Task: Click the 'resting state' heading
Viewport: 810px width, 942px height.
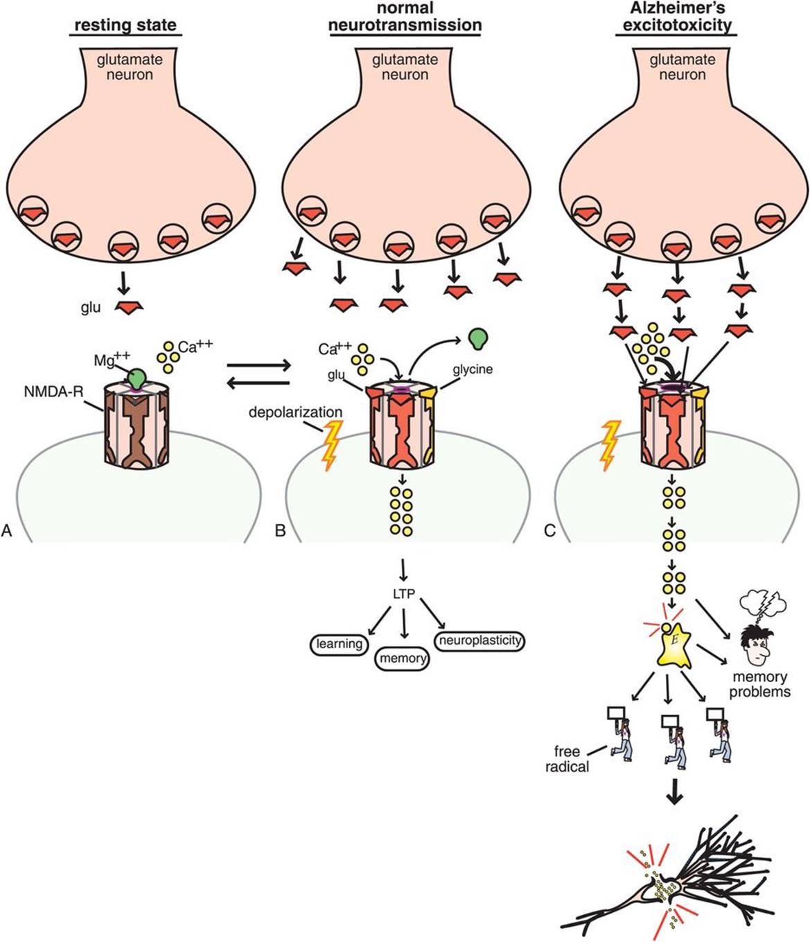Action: tap(125, 26)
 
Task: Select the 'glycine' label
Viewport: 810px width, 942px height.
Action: tap(473, 369)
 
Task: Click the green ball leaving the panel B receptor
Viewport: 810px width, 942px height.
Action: tap(477, 338)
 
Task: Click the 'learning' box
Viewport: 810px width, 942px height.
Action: tap(339, 644)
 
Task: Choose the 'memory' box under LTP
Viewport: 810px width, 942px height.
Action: tap(403, 658)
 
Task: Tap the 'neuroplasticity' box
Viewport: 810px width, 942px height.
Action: tap(479, 640)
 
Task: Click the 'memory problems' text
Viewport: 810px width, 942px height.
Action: tap(759, 684)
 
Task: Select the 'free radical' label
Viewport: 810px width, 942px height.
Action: tap(571, 759)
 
